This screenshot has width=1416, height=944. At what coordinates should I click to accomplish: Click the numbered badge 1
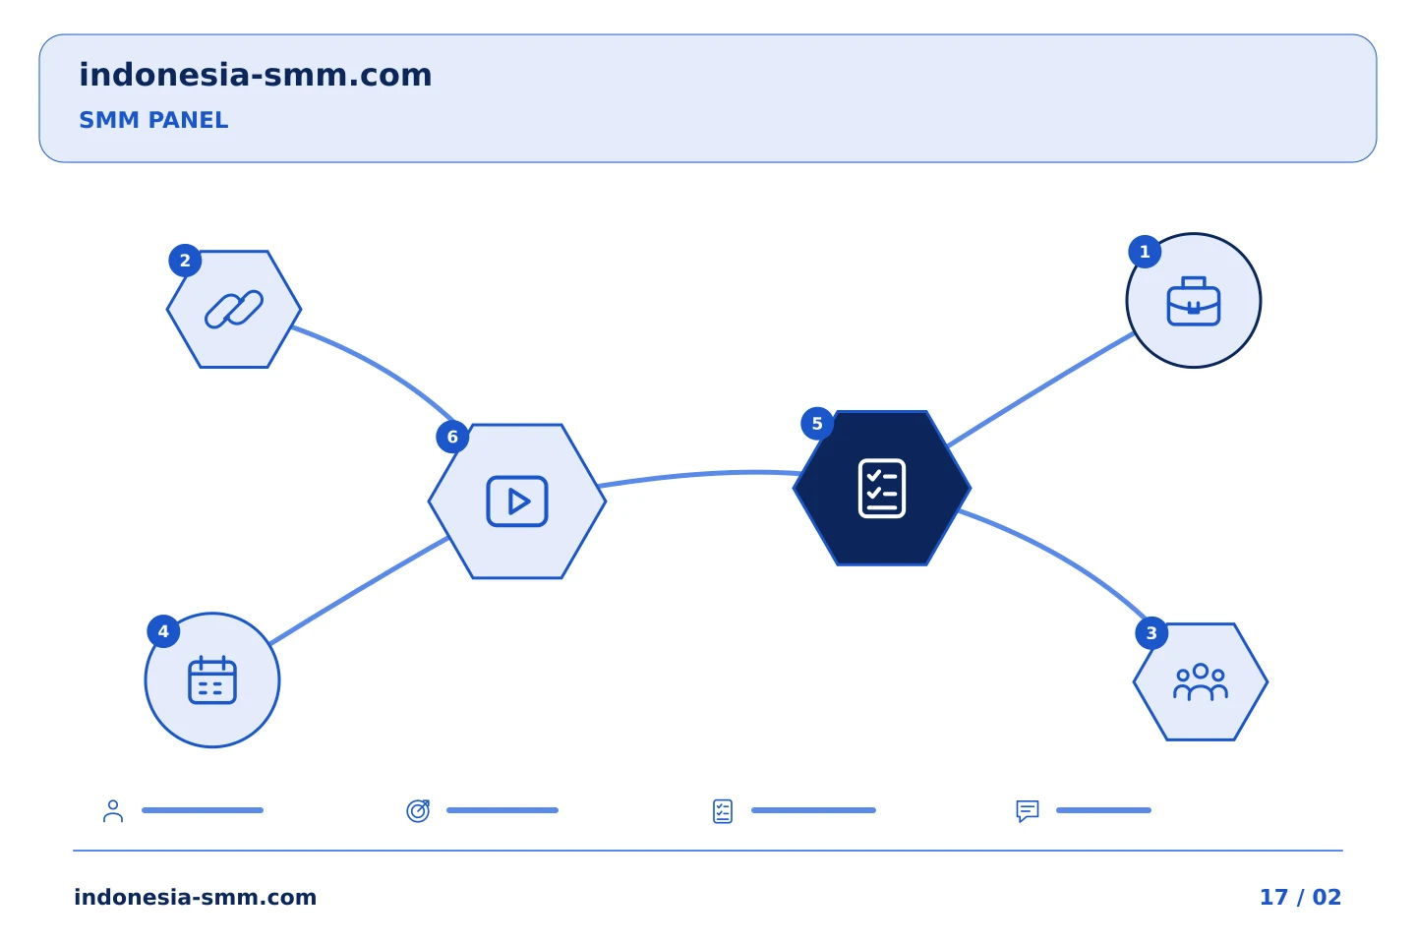tap(1145, 252)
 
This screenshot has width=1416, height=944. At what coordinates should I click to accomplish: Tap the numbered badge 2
tap(185, 261)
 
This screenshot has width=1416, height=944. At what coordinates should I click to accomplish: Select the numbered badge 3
tap(1151, 633)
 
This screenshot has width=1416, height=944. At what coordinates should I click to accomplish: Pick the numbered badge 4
tap(163, 631)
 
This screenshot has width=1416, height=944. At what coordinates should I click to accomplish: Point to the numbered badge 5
tap(817, 424)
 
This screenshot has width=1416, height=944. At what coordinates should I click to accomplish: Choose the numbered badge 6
tap(452, 437)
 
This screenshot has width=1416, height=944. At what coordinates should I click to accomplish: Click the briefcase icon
tap(1194, 302)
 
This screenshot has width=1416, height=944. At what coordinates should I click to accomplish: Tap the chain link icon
tap(234, 309)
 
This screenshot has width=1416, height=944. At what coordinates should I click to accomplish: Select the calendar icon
tap(212, 680)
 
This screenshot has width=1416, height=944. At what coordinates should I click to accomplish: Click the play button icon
tap(517, 501)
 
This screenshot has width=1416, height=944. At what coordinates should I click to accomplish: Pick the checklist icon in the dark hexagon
tap(882, 488)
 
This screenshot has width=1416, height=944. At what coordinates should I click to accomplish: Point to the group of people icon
tap(1201, 682)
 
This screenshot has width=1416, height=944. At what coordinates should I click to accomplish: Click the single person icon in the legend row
tap(113, 810)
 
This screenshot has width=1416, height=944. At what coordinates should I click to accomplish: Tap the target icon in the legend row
tap(419, 810)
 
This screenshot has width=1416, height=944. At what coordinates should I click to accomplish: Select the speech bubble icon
tap(1028, 810)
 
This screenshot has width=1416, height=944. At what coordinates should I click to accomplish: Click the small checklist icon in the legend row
tap(723, 811)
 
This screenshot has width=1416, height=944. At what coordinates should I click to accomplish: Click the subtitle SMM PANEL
tap(153, 120)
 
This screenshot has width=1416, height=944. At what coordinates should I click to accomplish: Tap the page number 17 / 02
tap(1300, 897)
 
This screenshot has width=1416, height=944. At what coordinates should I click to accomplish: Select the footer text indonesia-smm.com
tap(196, 897)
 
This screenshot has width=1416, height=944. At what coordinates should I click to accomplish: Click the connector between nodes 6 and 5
tap(698, 474)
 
